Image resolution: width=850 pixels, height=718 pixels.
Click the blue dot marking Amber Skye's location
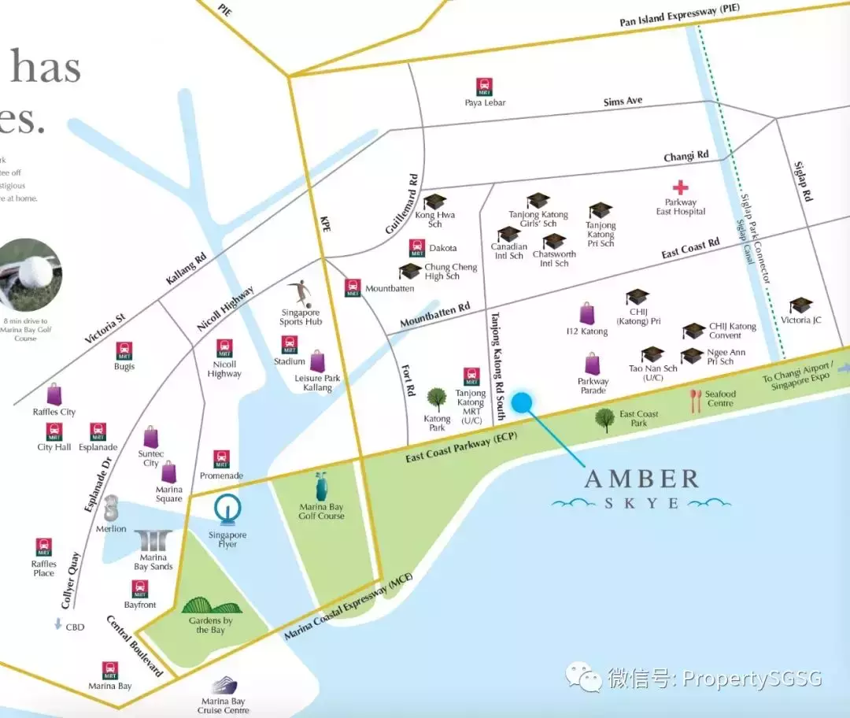point(522,402)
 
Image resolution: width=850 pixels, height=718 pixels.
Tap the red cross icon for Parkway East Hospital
point(680,187)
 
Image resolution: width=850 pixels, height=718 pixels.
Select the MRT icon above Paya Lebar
point(484,87)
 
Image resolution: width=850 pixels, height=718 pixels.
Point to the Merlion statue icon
point(111,507)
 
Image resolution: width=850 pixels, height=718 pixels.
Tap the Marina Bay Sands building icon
point(153,541)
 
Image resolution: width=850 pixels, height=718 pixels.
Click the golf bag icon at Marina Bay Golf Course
point(321,487)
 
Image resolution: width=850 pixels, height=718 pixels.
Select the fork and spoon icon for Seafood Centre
point(695,401)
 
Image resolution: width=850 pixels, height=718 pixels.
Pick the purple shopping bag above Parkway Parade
point(593,364)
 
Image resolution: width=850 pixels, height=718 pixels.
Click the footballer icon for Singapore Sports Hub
point(300,294)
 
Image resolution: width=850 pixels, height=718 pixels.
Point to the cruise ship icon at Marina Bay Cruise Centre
point(224,685)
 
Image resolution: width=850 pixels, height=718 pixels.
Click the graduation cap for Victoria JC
point(800,305)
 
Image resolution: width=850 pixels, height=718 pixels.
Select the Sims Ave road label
point(623,102)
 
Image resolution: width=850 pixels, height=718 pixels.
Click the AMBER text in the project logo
point(641,479)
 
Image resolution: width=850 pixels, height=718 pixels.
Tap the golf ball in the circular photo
point(35,272)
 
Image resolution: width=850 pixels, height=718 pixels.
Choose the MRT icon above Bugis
point(124,350)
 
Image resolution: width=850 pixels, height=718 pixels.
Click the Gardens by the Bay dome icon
point(211,607)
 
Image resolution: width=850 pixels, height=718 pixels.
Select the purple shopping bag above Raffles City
point(54,394)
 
